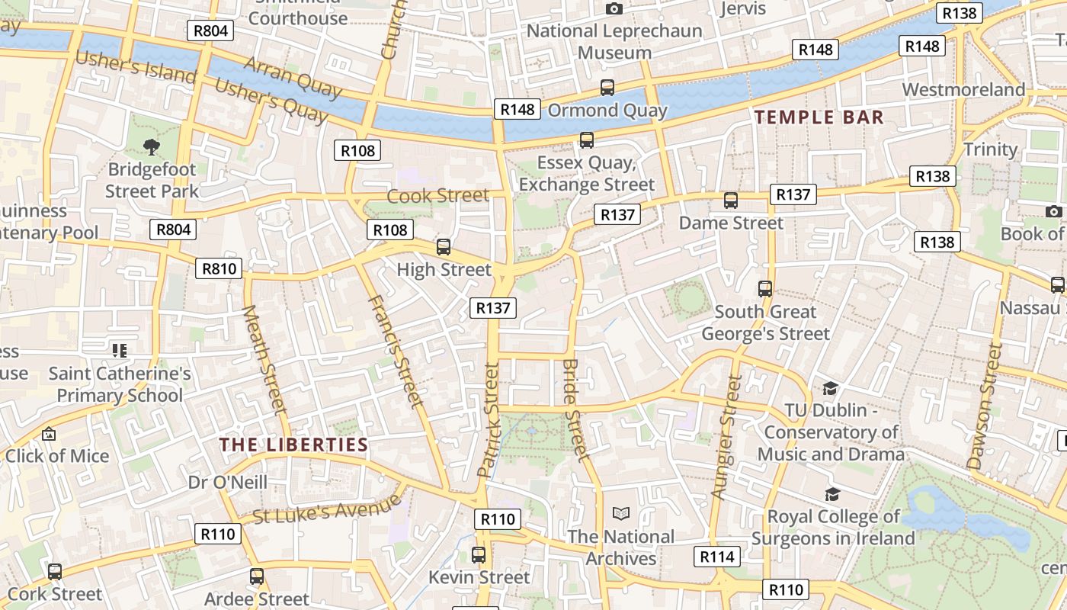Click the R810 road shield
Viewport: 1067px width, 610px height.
[219, 268]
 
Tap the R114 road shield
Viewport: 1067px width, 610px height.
[716, 557]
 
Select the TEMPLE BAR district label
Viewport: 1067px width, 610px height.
[819, 117]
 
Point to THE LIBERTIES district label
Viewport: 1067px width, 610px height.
[293, 445]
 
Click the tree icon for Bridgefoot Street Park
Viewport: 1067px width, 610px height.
[152, 147]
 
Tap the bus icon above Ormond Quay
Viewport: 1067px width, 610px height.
[607, 88]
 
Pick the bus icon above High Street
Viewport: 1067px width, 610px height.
[444, 247]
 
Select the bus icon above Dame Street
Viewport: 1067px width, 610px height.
[731, 201]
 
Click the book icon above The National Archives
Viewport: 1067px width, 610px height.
[621, 514]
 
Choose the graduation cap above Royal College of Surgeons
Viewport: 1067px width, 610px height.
[832, 495]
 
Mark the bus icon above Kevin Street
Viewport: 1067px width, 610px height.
[479, 555]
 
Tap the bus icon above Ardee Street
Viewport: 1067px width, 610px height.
[257, 576]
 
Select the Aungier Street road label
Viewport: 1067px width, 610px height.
[726, 437]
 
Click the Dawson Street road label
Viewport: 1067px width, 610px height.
[985, 406]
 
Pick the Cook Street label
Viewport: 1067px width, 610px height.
[437, 196]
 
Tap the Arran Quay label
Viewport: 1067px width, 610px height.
[293, 77]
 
